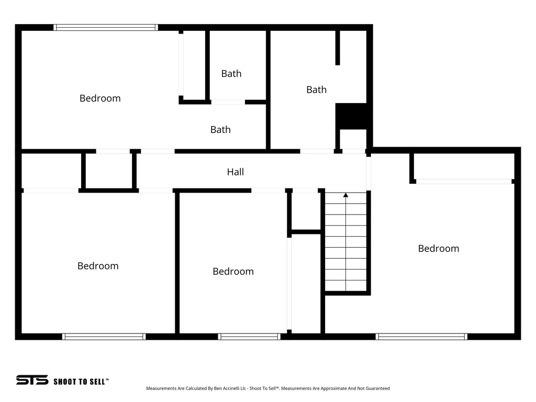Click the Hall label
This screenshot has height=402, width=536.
(235, 172)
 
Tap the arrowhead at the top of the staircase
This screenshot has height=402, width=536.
(345, 195)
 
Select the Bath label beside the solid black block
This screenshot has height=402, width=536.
(316, 90)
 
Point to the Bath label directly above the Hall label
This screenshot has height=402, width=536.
(220, 130)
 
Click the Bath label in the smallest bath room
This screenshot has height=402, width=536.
(231, 74)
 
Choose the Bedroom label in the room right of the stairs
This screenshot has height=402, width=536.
(438, 249)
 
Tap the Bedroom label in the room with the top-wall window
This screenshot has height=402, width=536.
(100, 98)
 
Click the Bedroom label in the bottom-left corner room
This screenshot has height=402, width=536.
(98, 266)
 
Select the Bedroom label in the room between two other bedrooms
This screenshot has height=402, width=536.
(233, 271)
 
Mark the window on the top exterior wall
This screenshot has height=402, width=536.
(106, 27)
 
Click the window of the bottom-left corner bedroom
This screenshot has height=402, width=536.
(104, 337)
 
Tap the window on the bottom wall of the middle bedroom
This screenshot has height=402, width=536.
(249, 337)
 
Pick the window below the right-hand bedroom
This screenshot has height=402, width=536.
(421, 337)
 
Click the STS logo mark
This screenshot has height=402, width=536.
(32, 380)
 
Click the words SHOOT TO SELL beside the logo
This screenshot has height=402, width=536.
(81, 382)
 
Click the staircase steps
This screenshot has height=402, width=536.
(345, 246)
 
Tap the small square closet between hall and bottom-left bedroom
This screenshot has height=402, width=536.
(109, 171)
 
